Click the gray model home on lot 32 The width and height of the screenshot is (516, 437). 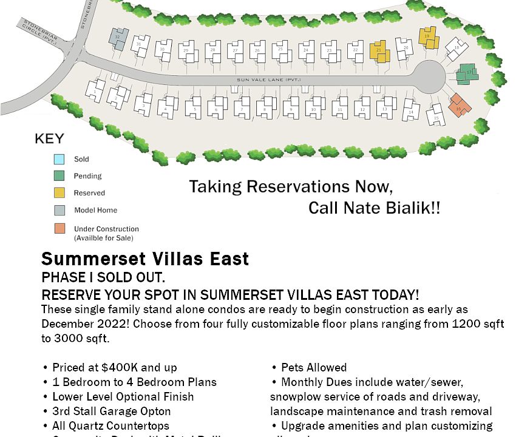118,39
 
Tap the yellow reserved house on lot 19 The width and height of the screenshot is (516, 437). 429,38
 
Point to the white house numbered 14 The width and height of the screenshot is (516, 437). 411,110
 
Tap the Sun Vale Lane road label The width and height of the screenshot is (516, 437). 268,80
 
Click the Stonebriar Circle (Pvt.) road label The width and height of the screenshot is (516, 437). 40,32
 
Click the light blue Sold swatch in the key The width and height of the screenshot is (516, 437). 59,160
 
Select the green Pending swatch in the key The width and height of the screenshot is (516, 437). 59,176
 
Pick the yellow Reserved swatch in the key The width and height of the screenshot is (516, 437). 59,193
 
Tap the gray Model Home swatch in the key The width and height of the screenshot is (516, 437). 59,211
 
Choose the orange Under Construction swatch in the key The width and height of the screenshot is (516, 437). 59,229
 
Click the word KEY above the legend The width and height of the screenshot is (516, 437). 49,139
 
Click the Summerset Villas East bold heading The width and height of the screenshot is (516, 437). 145,259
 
